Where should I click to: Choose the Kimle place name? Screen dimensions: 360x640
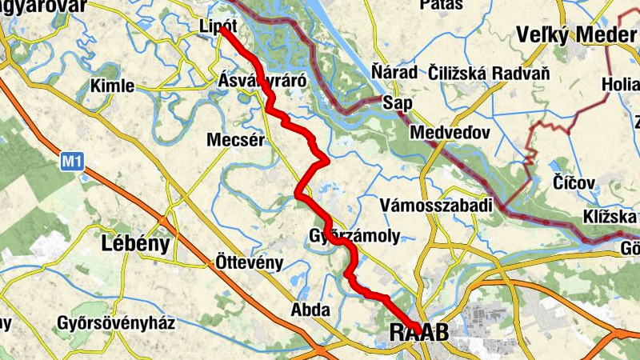coord(114,86)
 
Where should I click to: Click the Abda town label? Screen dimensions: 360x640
coord(310,310)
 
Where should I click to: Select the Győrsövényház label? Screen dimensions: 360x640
coord(116,324)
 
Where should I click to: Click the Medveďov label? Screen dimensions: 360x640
coord(449,132)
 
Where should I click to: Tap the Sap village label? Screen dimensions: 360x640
coord(398,103)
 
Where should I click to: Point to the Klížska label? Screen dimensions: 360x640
coord(610,217)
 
